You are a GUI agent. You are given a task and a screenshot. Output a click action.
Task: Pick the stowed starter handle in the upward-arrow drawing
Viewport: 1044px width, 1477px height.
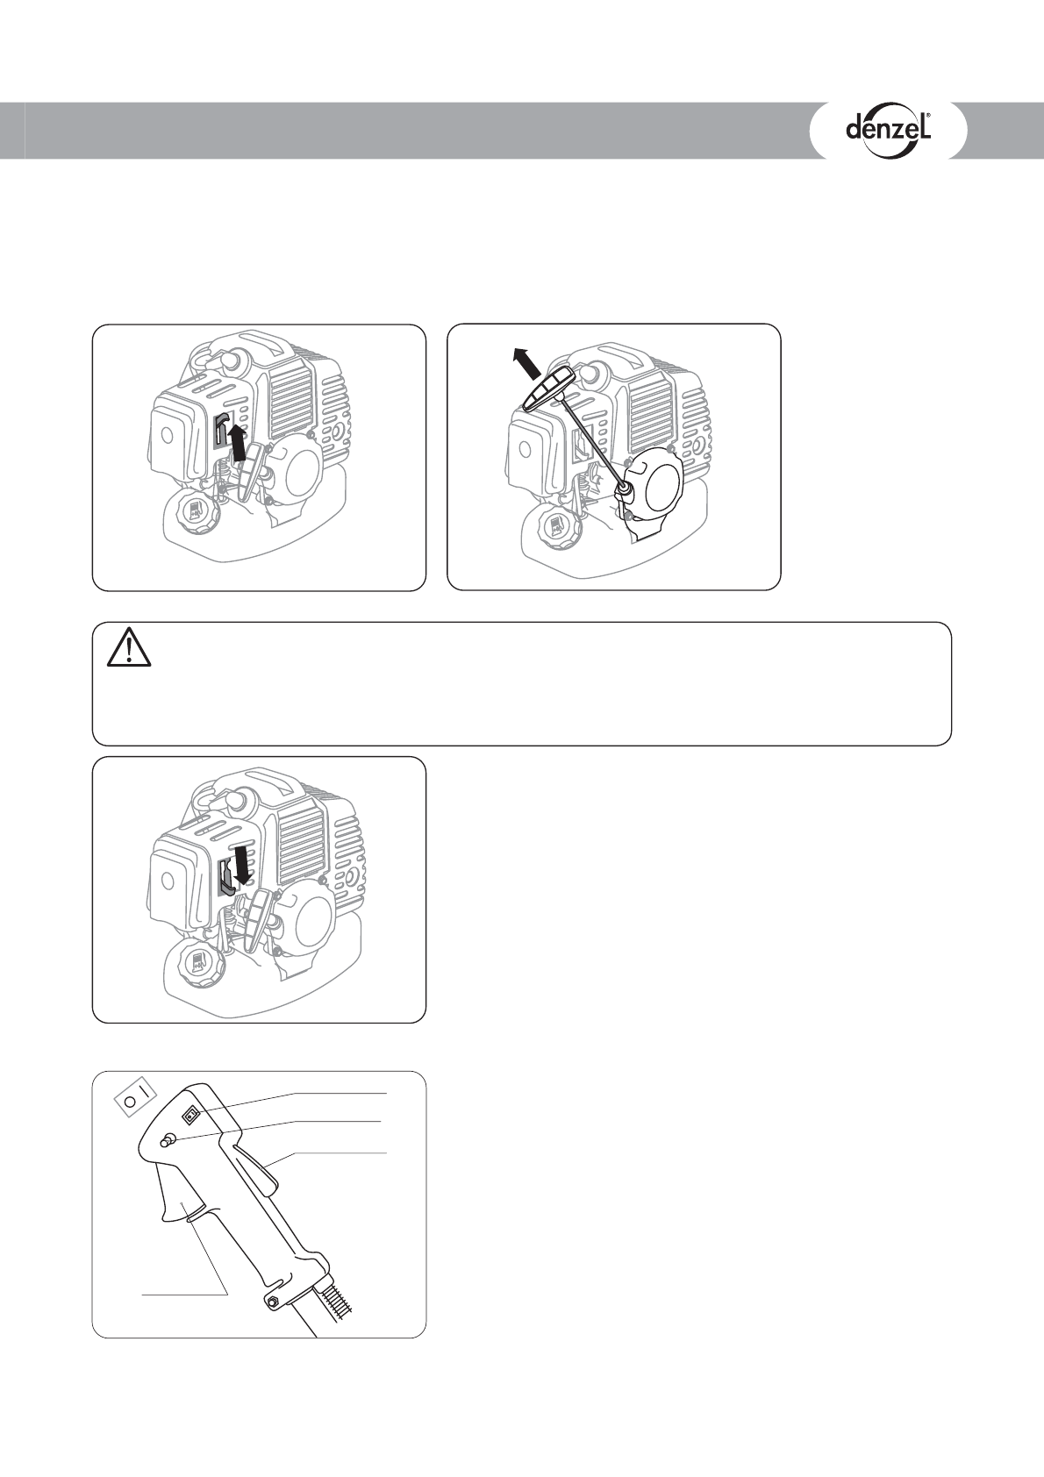pos(252,467)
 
